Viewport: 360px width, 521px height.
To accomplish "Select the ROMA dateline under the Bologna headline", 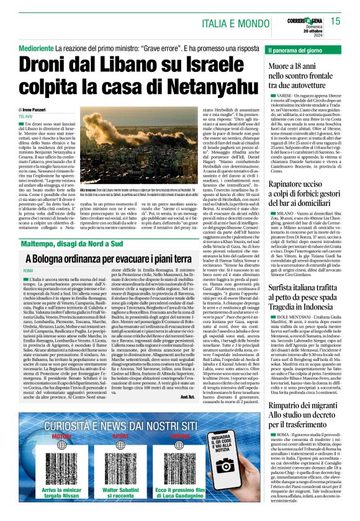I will [x=25, y=254].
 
